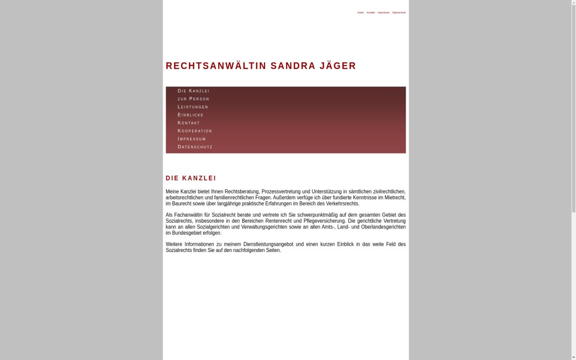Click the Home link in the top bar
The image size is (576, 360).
pyautogui.click(x=360, y=12)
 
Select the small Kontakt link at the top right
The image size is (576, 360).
pyautogui.click(x=371, y=12)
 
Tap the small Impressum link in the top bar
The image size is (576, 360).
pyautogui.click(x=384, y=12)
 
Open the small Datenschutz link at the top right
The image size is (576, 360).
pyautogui.click(x=399, y=12)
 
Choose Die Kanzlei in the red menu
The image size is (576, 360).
pyautogui.click(x=193, y=91)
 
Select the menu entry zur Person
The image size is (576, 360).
pyautogui.click(x=193, y=99)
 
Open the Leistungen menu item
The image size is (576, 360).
pyautogui.click(x=193, y=107)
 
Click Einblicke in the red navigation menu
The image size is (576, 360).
pyautogui.click(x=191, y=115)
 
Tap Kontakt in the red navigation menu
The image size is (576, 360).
pyautogui.click(x=189, y=123)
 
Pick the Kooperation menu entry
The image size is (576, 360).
pyautogui.click(x=195, y=131)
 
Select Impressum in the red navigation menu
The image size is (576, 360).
pyautogui.click(x=192, y=139)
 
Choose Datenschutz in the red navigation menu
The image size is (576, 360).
pyautogui.click(x=195, y=147)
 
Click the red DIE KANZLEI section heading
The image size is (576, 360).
pyautogui.click(x=191, y=178)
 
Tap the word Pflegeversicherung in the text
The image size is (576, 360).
pyautogui.click(x=322, y=221)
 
